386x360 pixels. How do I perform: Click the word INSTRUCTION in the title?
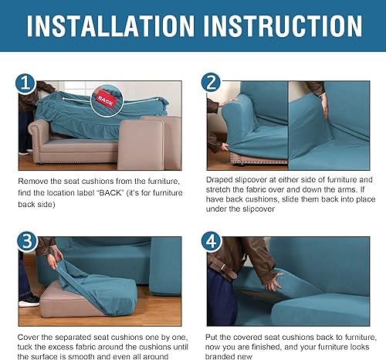coord(288,26)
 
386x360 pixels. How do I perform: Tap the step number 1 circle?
coord(25,83)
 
